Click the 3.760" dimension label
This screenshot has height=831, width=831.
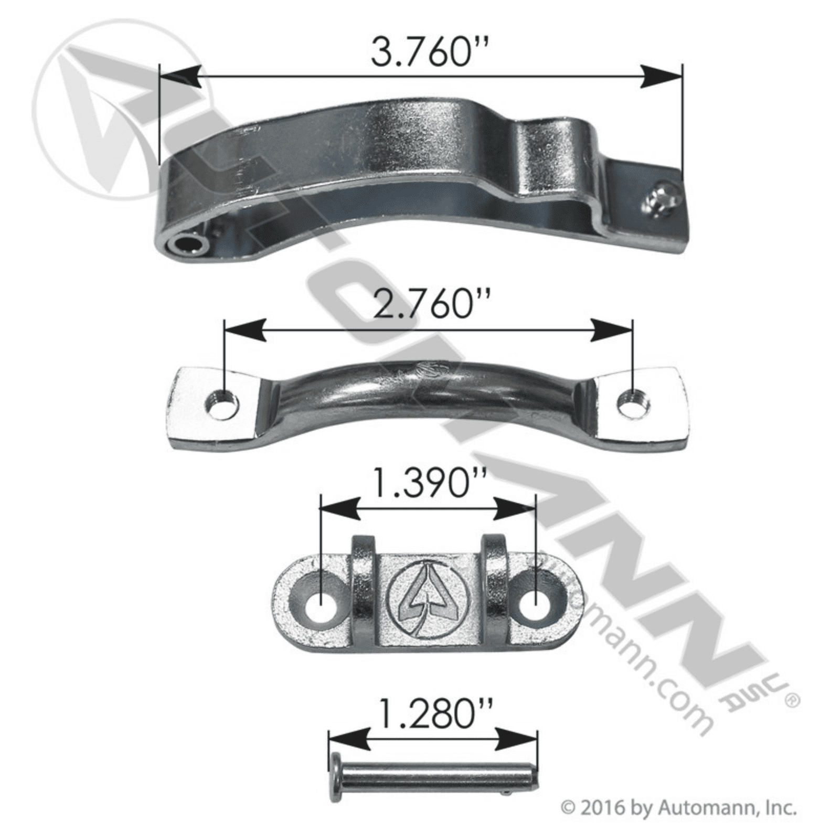[425, 52]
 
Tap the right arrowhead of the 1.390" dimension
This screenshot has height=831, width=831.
[515, 508]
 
